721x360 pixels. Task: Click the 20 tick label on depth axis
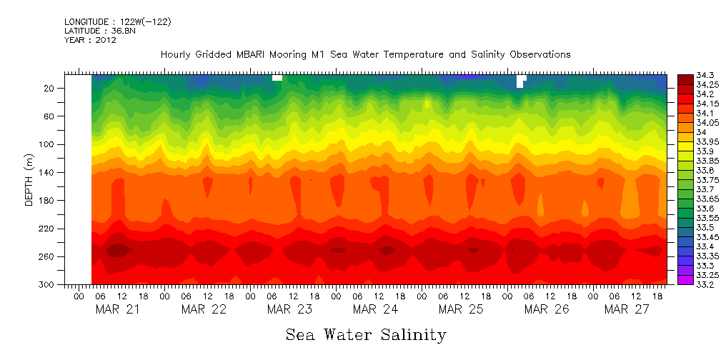click(50, 88)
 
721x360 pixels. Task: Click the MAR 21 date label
click(118, 309)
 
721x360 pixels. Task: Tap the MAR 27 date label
click(627, 309)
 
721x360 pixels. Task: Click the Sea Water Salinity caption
click(366, 334)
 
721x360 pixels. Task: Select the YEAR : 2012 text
click(90, 40)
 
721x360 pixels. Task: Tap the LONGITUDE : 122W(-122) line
click(118, 21)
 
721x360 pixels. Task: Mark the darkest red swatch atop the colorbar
click(685, 79)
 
